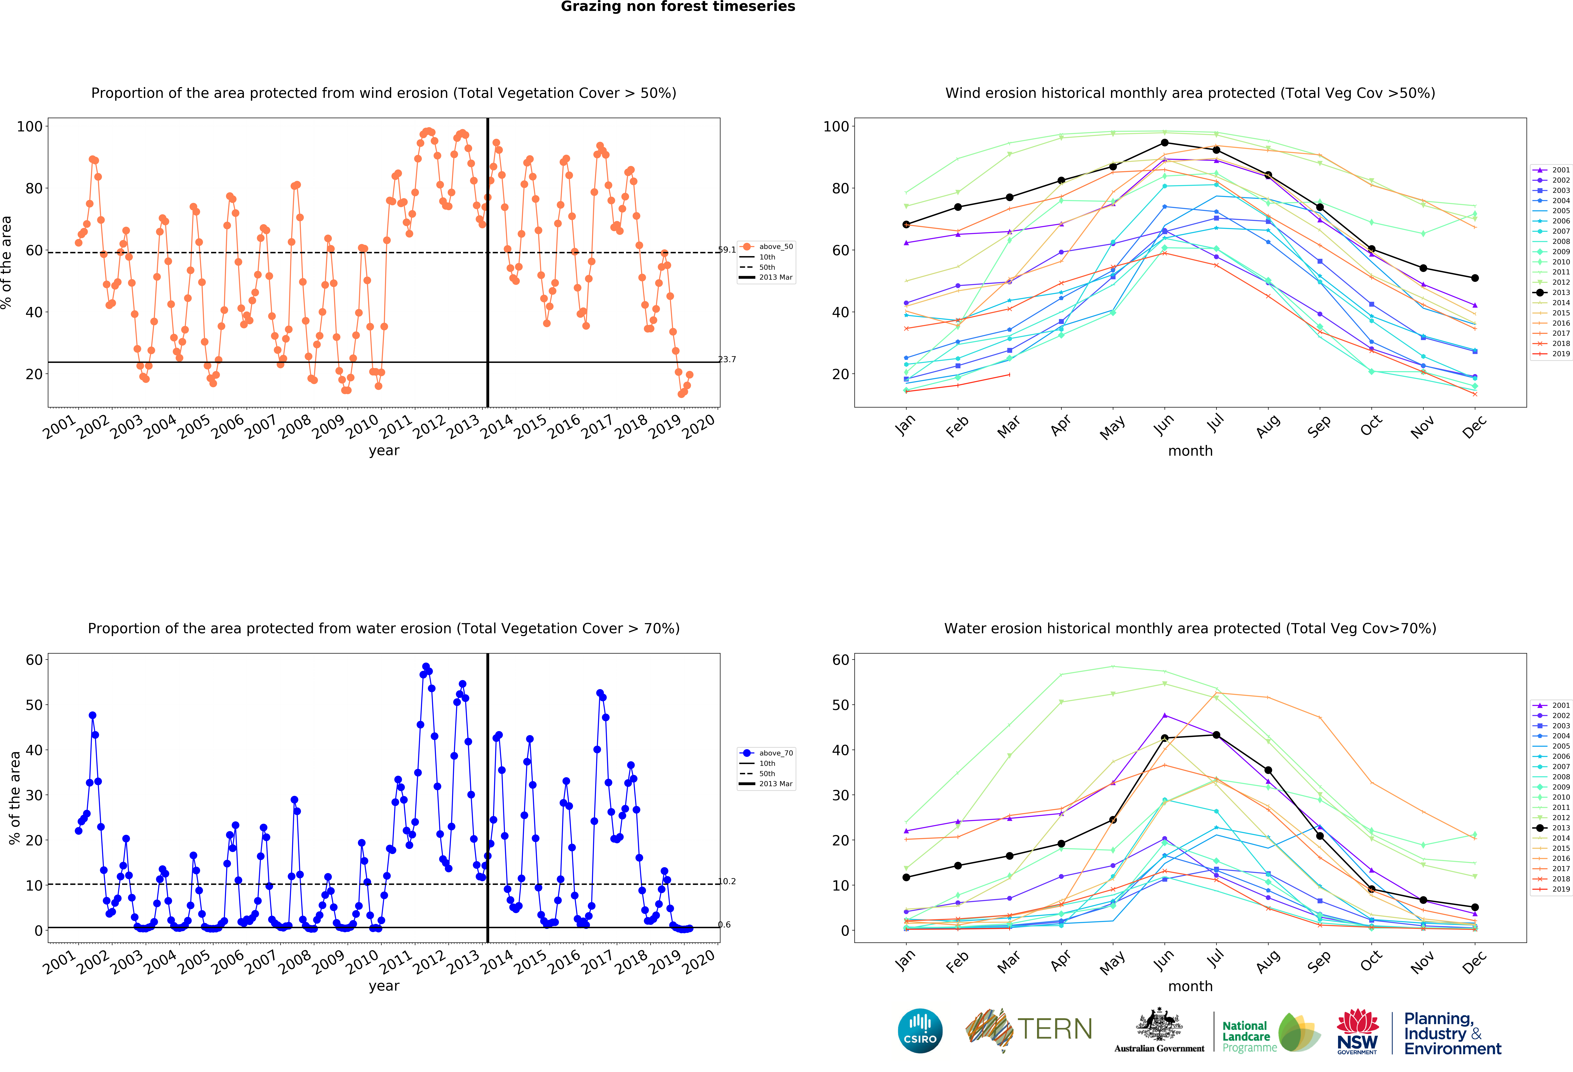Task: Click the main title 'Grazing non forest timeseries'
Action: [x=677, y=7]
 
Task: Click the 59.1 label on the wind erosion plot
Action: [x=727, y=250]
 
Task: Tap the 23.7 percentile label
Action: [x=727, y=359]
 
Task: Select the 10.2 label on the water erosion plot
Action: [x=727, y=881]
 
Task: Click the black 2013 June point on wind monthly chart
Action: [x=1164, y=143]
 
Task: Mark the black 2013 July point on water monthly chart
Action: [x=1216, y=735]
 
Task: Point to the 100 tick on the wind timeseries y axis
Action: [x=30, y=127]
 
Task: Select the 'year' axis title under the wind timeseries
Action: [x=384, y=451]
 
